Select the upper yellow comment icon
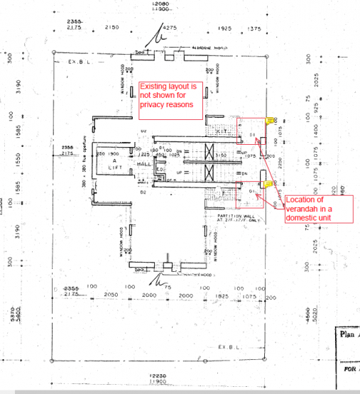point(270,121)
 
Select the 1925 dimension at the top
point(225,28)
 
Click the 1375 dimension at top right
point(253,28)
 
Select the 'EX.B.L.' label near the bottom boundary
point(231,346)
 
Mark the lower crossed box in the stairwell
point(209,173)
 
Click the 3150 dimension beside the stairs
point(221,154)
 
